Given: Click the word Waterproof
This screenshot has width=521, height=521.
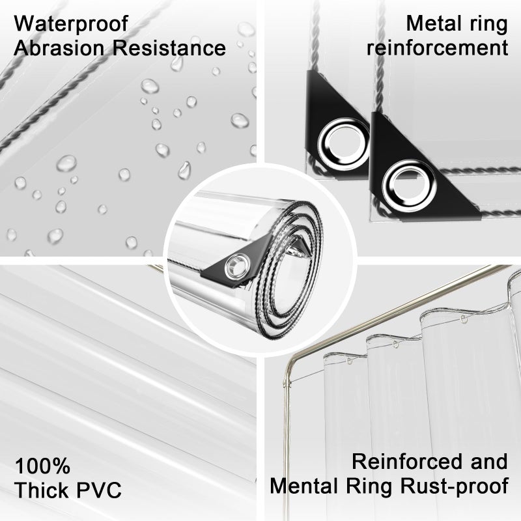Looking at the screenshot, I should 71,24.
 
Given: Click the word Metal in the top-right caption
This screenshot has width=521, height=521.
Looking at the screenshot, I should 432,24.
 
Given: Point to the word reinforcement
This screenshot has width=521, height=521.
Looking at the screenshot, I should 438,48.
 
